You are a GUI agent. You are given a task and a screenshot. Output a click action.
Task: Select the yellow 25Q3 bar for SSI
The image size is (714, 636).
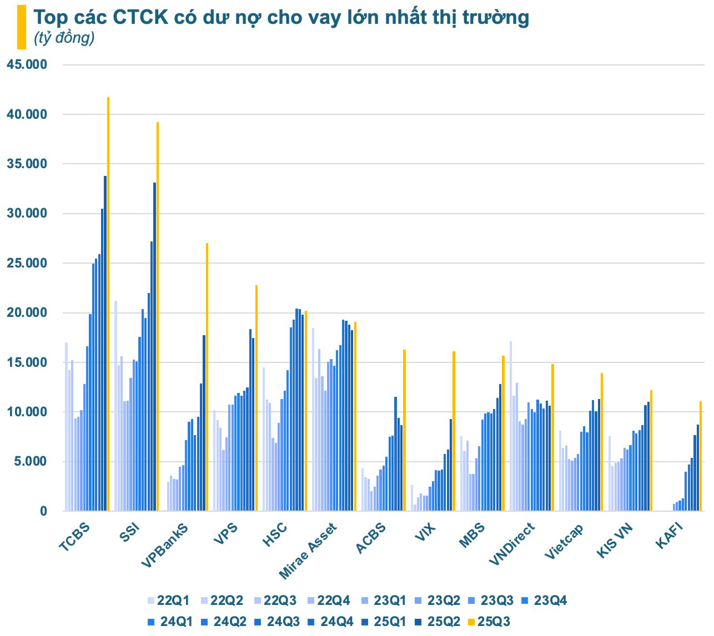click(158, 316)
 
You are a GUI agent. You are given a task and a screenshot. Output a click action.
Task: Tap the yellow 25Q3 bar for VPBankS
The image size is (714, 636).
click(207, 377)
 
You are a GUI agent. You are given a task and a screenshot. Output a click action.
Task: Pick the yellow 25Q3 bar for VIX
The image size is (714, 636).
click(454, 431)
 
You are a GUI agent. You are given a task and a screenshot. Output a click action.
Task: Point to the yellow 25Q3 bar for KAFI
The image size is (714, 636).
click(701, 456)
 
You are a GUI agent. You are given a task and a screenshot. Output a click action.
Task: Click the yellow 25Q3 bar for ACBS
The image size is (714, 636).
click(404, 430)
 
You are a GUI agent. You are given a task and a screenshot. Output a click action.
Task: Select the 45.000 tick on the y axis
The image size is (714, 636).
click(27, 65)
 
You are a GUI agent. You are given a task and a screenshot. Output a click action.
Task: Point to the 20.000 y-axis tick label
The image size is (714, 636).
click(27, 313)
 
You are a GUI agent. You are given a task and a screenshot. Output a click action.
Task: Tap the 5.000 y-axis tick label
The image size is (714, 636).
click(30, 462)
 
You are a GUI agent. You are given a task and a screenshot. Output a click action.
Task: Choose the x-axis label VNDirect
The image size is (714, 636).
click(512, 543)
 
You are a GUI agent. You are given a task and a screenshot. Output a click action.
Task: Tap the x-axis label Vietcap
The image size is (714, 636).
click(564, 541)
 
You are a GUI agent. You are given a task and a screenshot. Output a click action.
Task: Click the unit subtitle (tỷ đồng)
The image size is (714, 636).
click(64, 38)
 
